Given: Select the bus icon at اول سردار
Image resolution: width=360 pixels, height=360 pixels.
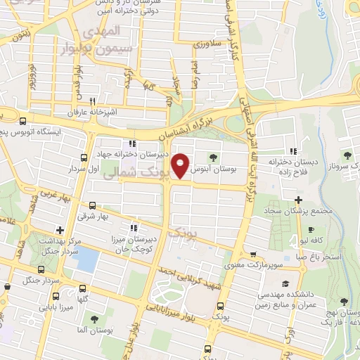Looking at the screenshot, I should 84,157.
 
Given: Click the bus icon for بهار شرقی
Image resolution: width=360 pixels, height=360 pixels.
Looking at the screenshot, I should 92,205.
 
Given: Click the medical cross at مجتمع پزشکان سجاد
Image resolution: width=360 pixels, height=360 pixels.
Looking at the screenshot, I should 299,200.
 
